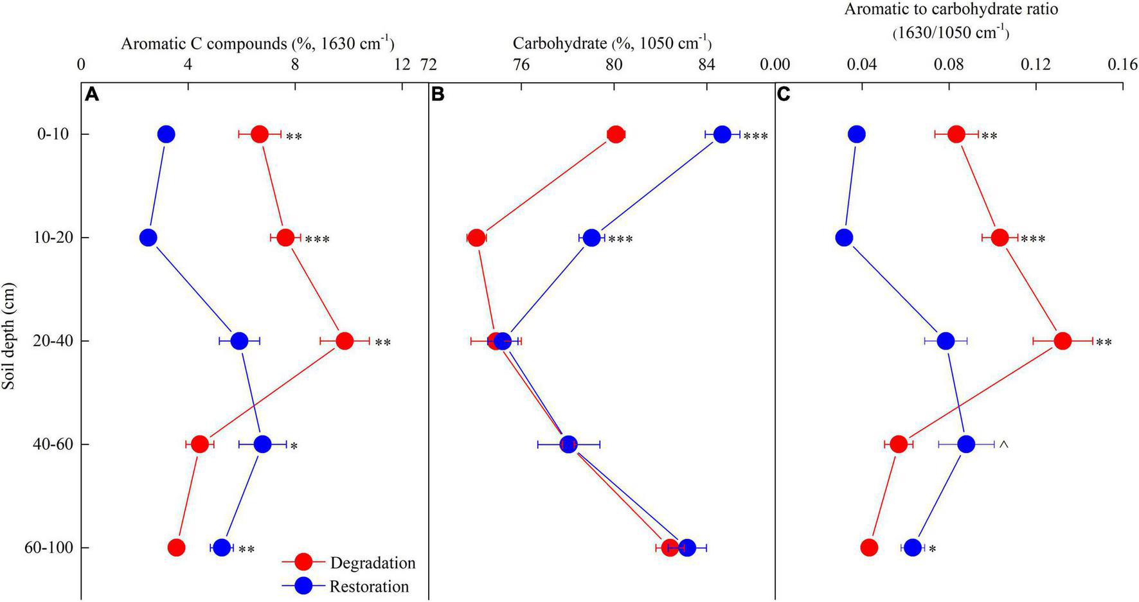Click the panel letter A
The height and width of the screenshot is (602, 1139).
click(93, 95)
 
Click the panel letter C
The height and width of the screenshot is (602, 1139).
click(784, 95)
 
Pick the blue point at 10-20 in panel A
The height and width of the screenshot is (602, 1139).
click(148, 238)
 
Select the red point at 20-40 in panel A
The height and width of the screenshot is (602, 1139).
click(345, 341)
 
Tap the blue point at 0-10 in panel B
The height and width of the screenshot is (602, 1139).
click(722, 134)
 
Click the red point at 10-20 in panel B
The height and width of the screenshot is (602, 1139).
click(476, 238)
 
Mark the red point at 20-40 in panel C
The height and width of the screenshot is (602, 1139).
click(1062, 341)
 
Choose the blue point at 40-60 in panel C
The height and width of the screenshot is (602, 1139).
click(966, 444)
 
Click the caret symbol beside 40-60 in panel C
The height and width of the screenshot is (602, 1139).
click(1003, 444)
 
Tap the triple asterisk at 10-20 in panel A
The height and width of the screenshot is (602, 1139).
click(317, 240)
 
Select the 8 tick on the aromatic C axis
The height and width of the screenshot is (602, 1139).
click(295, 65)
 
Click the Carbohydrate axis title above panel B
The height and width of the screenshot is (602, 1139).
click(612, 43)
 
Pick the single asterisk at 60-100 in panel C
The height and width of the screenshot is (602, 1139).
click(932, 549)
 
